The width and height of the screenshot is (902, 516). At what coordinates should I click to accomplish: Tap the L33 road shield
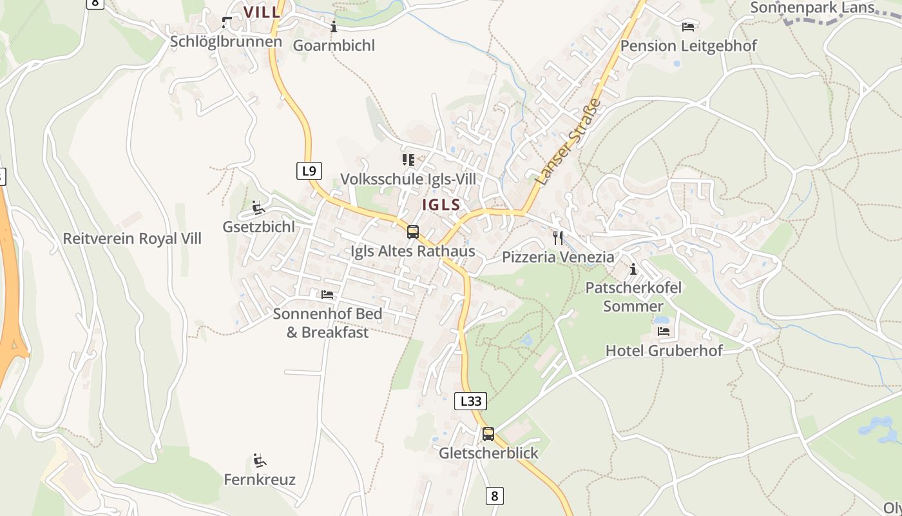click(x=470, y=401)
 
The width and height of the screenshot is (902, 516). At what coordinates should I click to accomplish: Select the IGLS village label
click(x=441, y=205)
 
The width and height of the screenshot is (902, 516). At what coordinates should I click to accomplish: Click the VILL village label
click(x=262, y=12)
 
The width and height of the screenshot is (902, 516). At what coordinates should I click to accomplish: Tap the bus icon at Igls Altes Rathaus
click(x=413, y=232)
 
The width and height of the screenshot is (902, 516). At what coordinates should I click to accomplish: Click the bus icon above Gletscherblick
click(x=488, y=433)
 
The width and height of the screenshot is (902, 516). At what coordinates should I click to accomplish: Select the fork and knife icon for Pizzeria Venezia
click(x=558, y=237)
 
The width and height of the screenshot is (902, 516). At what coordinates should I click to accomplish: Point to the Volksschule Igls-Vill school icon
click(x=408, y=159)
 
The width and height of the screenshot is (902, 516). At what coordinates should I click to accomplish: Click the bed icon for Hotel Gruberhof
click(x=664, y=332)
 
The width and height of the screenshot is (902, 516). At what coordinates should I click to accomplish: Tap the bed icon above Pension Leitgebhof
click(x=688, y=26)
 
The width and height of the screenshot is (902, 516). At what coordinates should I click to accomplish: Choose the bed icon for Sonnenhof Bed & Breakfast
click(x=327, y=295)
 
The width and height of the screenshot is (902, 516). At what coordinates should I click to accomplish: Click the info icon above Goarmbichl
click(x=334, y=26)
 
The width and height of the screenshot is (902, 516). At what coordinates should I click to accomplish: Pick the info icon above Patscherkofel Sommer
click(x=633, y=268)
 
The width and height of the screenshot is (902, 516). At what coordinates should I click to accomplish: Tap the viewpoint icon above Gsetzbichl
click(x=258, y=208)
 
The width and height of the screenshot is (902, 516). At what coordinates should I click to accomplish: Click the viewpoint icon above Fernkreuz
click(x=260, y=461)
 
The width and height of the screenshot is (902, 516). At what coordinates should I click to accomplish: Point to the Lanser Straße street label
click(x=568, y=143)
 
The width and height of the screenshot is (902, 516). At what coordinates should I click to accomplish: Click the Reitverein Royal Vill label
click(x=132, y=239)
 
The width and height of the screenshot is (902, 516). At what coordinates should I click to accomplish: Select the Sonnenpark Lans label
click(x=812, y=8)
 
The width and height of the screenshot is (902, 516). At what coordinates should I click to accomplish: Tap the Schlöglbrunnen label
click(x=226, y=41)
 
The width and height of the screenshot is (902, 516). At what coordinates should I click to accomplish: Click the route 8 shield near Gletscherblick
click(x=494, y=496)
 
